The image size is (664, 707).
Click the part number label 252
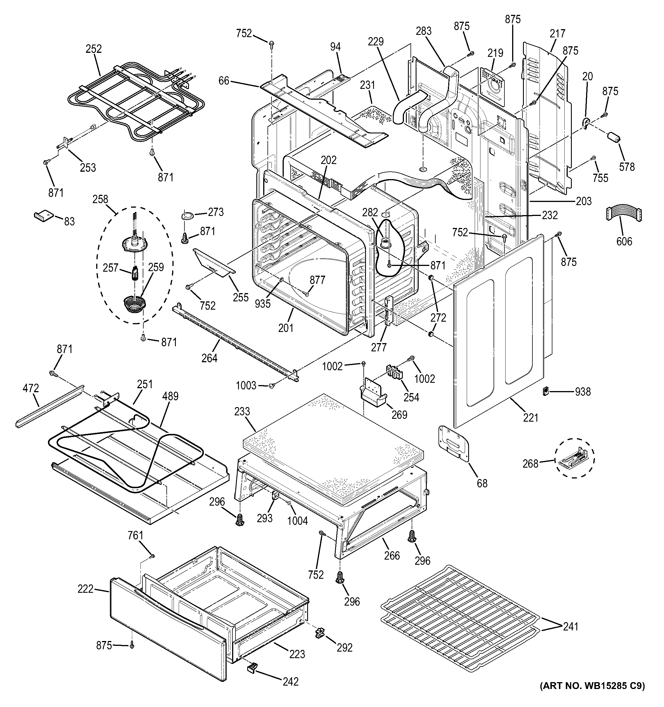(93, 49)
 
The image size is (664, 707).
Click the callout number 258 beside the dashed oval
(100, 199)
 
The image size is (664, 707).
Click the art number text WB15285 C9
(592, 696)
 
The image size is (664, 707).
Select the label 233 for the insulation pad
(242, 411)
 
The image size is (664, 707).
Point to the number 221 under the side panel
(530, 418)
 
